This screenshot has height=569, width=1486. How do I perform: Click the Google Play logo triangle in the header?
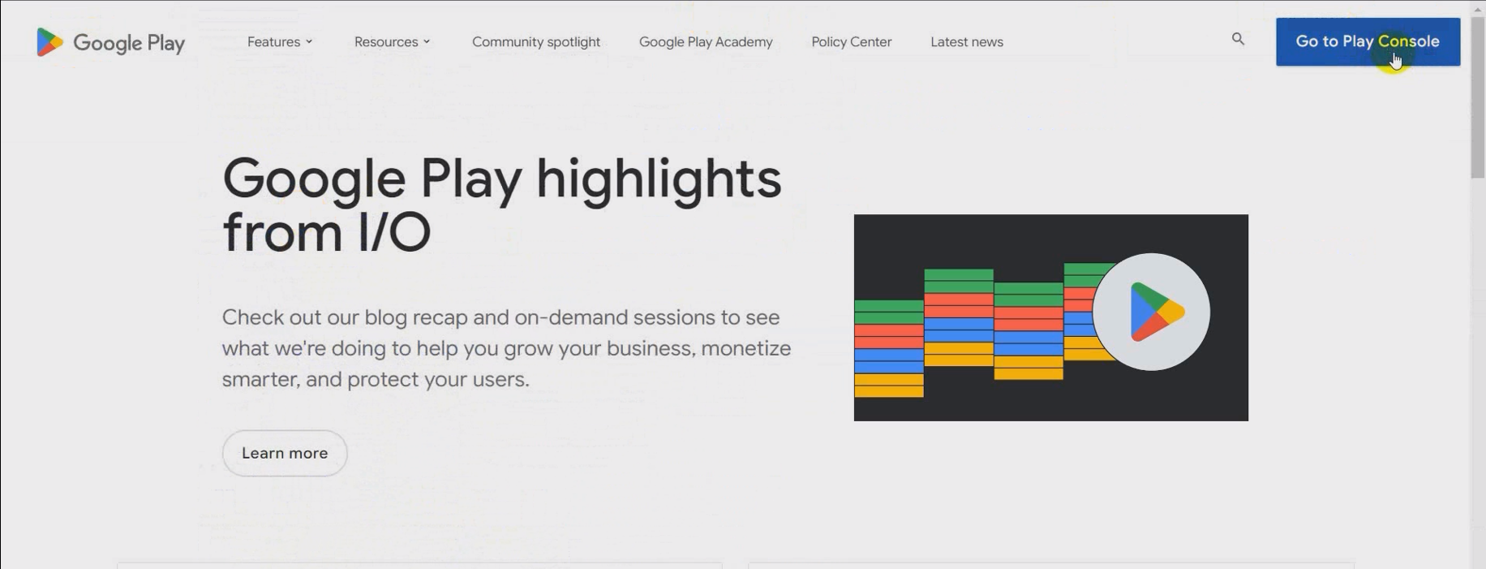[49, 42]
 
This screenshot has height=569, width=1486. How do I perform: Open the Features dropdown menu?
[280, 42]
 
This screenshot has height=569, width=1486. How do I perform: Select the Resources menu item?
[392, 42]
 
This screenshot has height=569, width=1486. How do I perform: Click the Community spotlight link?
[536, 42]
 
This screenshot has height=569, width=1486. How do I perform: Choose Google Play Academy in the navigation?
[706, 42]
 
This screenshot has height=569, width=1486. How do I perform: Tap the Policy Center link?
[852, 42]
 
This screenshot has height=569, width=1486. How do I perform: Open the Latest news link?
[967, 42]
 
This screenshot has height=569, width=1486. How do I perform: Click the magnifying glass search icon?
[1238, 39]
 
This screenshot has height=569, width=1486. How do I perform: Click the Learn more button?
[285, 453]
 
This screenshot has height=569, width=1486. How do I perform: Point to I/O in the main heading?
[393, 232]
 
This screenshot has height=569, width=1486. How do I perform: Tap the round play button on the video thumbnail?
[1151, 312]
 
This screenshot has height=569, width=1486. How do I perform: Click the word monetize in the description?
[745, 348]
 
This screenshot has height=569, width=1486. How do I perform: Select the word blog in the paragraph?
[385, 318]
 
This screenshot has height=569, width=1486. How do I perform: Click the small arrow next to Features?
[309, 42]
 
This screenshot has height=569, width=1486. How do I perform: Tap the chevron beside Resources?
[427, 42]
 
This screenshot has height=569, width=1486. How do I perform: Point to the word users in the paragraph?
[504, 380]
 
